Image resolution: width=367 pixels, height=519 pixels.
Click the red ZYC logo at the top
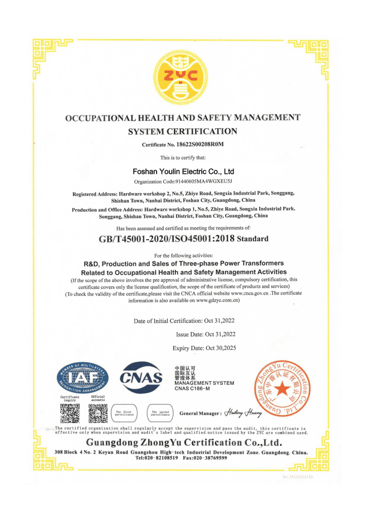[183, 76]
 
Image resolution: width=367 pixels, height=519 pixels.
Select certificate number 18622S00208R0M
[201, 145]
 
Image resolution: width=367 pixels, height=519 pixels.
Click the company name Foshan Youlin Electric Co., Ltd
[183, 171]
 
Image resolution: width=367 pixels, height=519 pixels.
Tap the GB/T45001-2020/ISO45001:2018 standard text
[168, 239]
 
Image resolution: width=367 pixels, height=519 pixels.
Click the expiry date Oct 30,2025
[221, 348]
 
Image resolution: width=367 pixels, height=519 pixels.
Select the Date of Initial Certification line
[184, 321]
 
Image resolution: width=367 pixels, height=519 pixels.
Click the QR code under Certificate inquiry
[70, 413]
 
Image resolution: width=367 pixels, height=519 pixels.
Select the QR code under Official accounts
[98, 413]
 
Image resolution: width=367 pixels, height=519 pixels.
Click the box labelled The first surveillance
[124, 413]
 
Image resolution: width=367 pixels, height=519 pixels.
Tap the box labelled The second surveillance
[160, 413]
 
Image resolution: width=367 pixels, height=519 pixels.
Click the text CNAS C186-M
[192, 389]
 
